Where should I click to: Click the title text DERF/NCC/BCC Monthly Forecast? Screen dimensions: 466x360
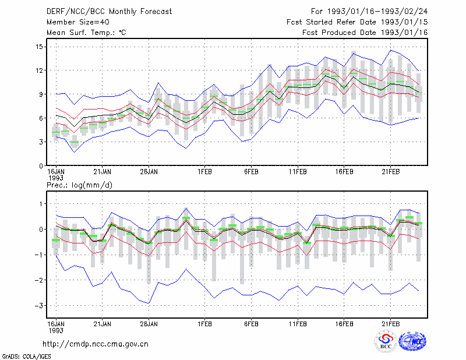[x=109, y=12]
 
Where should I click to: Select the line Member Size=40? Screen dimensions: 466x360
[x=78, y=22]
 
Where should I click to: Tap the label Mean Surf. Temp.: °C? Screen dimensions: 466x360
[x=86, y=33]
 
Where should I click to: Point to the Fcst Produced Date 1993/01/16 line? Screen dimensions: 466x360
[x=365, y=33]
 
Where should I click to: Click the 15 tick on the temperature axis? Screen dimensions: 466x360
[x=40, y=47]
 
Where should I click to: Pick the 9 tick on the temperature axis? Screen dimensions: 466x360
[x=41, y=94]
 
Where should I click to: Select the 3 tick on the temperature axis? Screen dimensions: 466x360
[x=41, y=142]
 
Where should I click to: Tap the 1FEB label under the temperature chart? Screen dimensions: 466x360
[x=205, y=172]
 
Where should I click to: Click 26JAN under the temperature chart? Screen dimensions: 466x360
[x=149, y=172]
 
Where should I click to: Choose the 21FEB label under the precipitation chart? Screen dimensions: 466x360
[x=390, y=324]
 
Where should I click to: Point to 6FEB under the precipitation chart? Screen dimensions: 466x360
[x=252, y=324]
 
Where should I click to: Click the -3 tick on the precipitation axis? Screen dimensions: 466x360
[x=38, y=306]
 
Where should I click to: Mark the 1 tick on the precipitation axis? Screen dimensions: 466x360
[x=41, y=204]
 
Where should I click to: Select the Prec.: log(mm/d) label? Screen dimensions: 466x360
[x=79, y=185]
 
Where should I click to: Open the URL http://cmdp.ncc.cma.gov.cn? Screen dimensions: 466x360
[x=96, y=344]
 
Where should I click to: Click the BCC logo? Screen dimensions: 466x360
[x=386, y=341]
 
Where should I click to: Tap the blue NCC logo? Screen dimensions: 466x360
[x=412, y=341]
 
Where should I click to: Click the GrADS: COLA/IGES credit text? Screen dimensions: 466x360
[x=26, y=357]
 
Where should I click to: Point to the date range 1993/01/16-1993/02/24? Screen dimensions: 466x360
[x=377, y=12]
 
